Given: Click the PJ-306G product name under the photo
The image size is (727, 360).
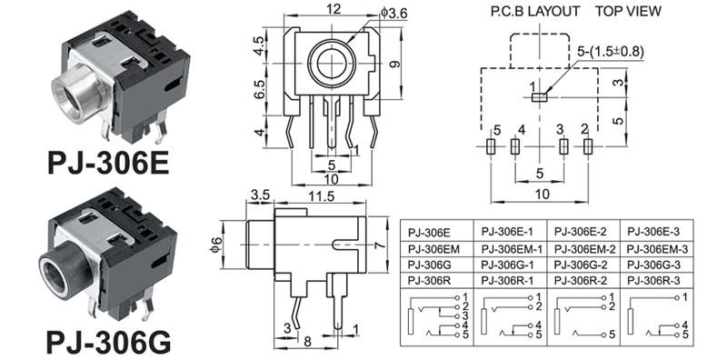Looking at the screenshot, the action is pos(108,342).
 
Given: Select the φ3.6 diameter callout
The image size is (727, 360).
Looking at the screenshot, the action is pos(393,13).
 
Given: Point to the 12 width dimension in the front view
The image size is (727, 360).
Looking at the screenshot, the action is pos(334,9).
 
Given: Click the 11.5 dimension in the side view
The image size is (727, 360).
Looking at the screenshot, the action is pos(321,196).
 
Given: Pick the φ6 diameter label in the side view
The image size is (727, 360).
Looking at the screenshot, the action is pos(215,245).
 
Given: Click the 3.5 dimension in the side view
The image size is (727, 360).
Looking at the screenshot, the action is pos(260,195).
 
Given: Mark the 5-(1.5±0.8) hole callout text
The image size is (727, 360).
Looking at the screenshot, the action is pos(611,51).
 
